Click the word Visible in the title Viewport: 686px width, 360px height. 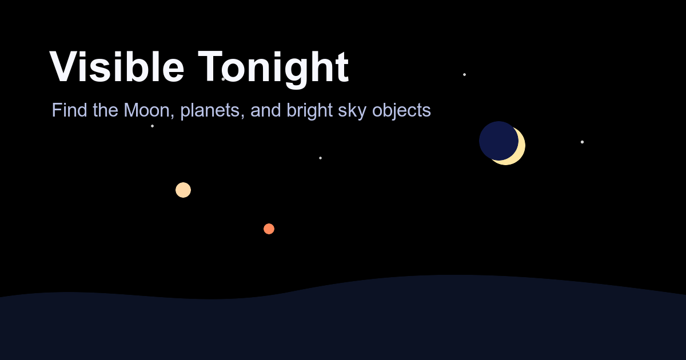[x=117, y=66]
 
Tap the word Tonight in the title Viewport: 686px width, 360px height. [x=273, y=69]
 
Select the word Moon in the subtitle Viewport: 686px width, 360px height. [x=147, y=110]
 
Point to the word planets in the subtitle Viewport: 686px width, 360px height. [x=210, y=110]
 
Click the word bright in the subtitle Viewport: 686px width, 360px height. [x=310, y=110]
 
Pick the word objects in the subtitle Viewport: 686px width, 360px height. [x=401, y=110]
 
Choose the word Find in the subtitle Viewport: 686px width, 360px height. [x=70, y=110]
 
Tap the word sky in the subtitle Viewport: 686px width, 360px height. [x=352, y=110]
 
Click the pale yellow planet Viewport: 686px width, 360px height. [x=183, y=190]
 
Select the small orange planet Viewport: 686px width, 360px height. [x=269, y=229]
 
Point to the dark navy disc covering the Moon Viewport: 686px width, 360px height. [x=498, y=141]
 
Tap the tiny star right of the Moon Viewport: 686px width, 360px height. [x=582, y=142]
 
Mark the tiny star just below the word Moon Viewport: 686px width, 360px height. [x=152, y=126]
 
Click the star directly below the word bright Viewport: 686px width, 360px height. [x=320, y=158]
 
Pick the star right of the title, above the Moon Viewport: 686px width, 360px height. [x=464, y=74]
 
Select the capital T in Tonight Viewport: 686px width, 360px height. [x=210, y=66]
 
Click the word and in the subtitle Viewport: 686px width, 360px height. [x=266, y=110]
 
